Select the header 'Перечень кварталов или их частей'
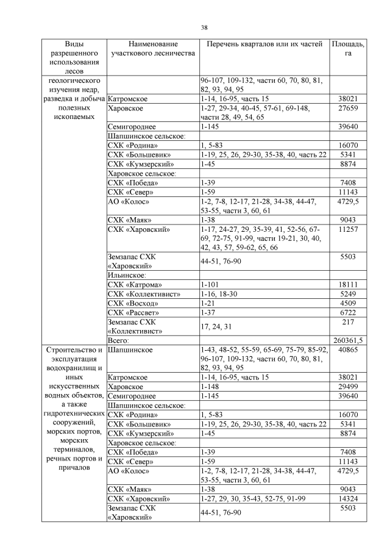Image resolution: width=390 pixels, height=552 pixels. point(263,45)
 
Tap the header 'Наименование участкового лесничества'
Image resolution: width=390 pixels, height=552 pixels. point(152,49)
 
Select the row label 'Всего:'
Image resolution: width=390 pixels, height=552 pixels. point(119,340)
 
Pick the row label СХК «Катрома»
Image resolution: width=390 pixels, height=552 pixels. point(135,285)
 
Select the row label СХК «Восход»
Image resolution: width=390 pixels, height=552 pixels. point(132,303)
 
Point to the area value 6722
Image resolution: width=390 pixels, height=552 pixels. point(348,312)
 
